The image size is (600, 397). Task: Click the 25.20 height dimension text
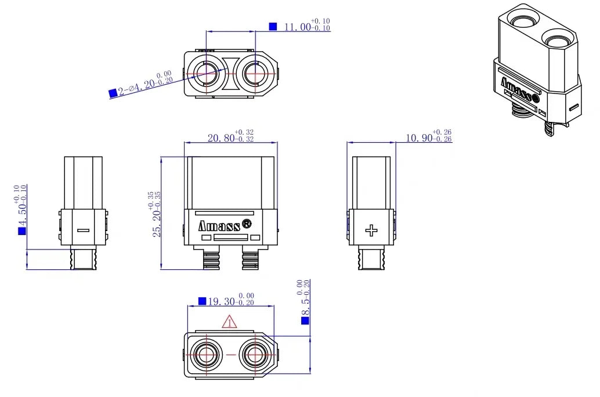(x=156, y=214)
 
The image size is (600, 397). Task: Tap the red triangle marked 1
(x=230, y=322)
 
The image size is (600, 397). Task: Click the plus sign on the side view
(x=371, y=230)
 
